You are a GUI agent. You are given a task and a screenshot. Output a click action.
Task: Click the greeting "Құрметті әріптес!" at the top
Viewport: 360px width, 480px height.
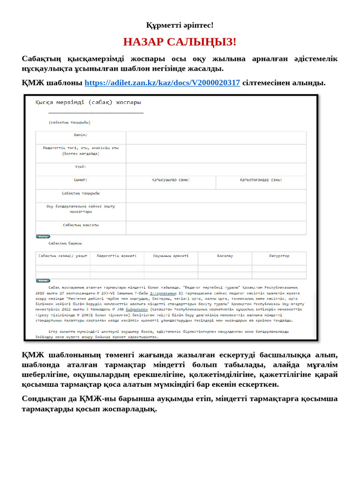coord(180,25)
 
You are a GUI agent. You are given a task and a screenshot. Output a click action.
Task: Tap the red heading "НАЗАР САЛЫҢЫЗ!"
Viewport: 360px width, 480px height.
coord(180,42)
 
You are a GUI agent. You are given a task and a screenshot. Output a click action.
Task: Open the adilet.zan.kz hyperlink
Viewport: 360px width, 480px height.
coord(162,83)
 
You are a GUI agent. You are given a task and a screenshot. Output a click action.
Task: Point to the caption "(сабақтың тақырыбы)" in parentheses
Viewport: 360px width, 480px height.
coord(69,122)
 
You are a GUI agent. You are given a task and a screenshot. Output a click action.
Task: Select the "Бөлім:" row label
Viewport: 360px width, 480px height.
coord(81,135)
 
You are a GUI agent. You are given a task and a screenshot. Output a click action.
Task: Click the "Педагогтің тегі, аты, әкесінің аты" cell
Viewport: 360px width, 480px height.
coord(81,150)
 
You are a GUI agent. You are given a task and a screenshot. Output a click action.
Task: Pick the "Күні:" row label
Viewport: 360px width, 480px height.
coord(81,166)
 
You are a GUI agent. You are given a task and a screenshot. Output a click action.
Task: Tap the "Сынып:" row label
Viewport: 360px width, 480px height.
coord(81,180)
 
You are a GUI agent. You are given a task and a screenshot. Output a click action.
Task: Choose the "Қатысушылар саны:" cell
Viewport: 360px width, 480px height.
coord(171,180)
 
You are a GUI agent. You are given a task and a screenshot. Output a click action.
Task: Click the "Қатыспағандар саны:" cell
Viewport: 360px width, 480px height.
coord(261,180)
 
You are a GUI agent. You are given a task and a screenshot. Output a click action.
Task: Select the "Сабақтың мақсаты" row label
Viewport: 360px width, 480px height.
coord(81,225)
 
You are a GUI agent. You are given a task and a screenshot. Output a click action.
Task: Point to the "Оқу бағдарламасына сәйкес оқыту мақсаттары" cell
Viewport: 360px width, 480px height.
coord(81,209)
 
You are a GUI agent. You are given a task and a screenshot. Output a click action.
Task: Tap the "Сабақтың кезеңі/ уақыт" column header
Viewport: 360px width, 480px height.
coord(63,256)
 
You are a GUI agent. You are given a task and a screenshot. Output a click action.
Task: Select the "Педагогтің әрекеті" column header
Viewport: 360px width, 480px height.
coord(117,256)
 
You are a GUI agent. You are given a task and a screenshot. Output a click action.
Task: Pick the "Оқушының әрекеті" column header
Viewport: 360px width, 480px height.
coord(171,256)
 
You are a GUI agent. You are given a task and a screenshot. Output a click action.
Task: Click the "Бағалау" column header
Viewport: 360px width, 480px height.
coord(225,256)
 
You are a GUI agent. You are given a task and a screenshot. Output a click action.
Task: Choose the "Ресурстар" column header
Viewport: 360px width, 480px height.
coord(279,256)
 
